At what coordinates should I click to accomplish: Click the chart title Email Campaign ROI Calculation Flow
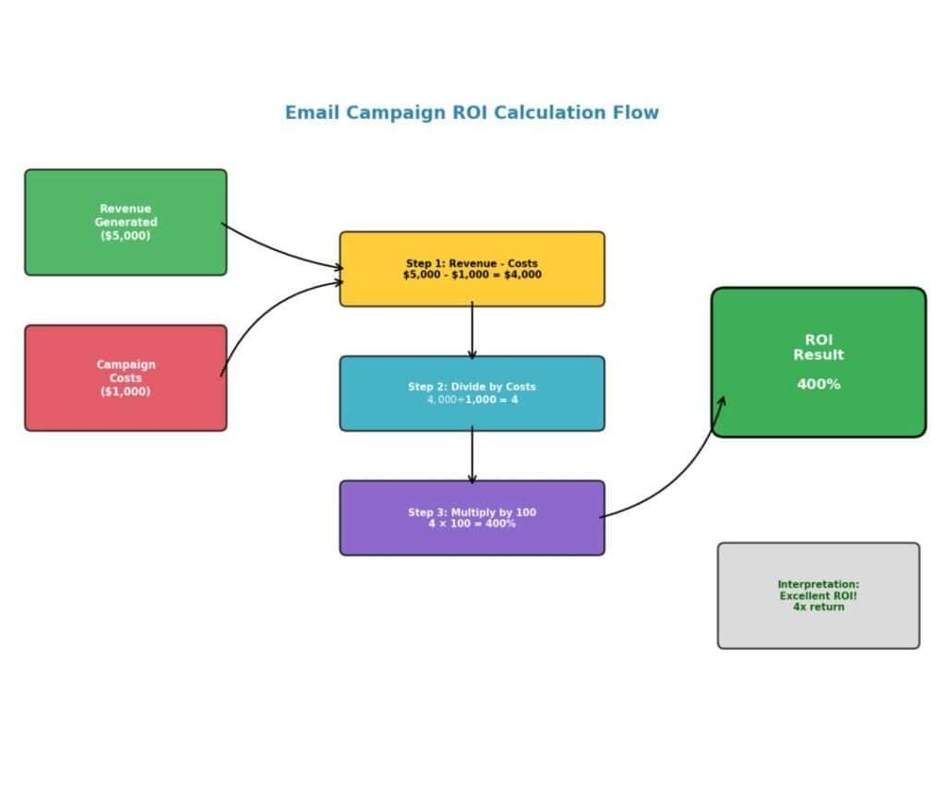(472, 113)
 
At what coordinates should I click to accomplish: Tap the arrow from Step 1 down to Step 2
(472, 330)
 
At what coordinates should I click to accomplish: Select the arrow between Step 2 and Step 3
(472, 455)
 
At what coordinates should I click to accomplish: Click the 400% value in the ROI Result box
(819, 385)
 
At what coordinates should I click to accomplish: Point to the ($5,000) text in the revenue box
(126, 235)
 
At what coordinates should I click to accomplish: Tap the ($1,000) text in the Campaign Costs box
(126, 391)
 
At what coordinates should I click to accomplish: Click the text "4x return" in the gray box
(819, 607)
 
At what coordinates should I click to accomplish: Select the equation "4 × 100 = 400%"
(472, 524)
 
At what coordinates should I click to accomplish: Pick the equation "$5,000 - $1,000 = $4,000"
(472, 275)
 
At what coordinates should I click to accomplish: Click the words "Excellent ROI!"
(819, 596)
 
